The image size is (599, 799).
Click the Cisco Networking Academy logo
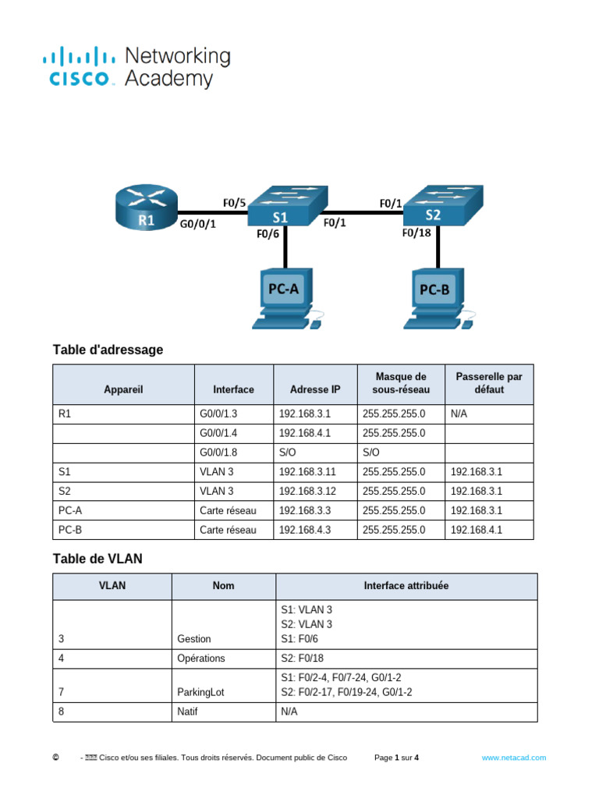coord(136,67)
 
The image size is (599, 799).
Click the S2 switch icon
coord(441,205)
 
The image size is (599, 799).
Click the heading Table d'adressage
coord(108,350)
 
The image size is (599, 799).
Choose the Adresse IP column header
coord(314,389)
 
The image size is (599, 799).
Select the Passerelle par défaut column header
coord(489,383)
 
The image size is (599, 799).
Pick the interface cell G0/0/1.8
coord(222,453)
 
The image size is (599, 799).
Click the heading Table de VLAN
coord(97,559)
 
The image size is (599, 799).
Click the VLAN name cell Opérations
coord(201,659)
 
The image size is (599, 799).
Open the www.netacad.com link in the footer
coord(513,758)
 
